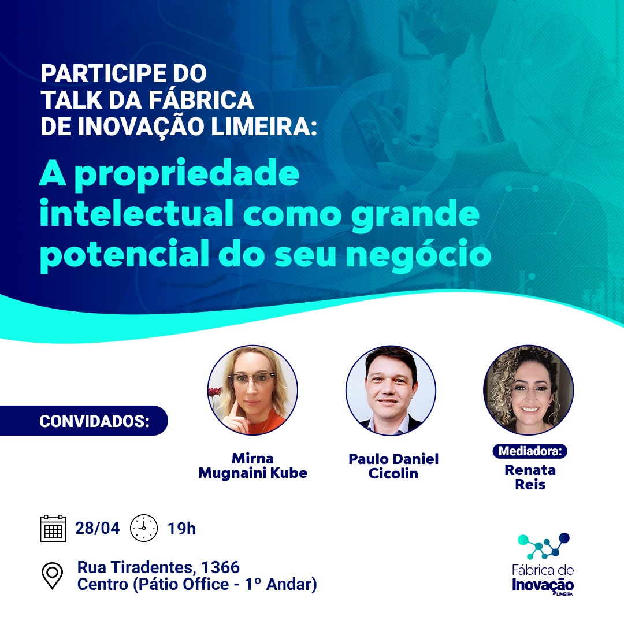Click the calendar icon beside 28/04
tap(53, 528)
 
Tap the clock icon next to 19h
tap(144, 528)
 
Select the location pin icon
tap(53, 575)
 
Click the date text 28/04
tap(98, 528)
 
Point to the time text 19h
tap(181, 529)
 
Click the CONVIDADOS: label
tap(94, 421)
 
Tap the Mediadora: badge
tap(530, 451)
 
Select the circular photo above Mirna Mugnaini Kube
tap(252, 390)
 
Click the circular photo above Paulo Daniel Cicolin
tap(391, 390)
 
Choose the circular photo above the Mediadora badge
tap(529, 390)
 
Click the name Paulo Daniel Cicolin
tap(393, 466)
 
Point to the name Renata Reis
tap(530, 477)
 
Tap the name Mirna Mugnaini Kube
tap(252, 466)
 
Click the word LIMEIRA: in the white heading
tap(264, 126)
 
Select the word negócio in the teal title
tap(419, 255)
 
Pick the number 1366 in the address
tap(221, 567)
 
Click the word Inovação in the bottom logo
tap(543, 585)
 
